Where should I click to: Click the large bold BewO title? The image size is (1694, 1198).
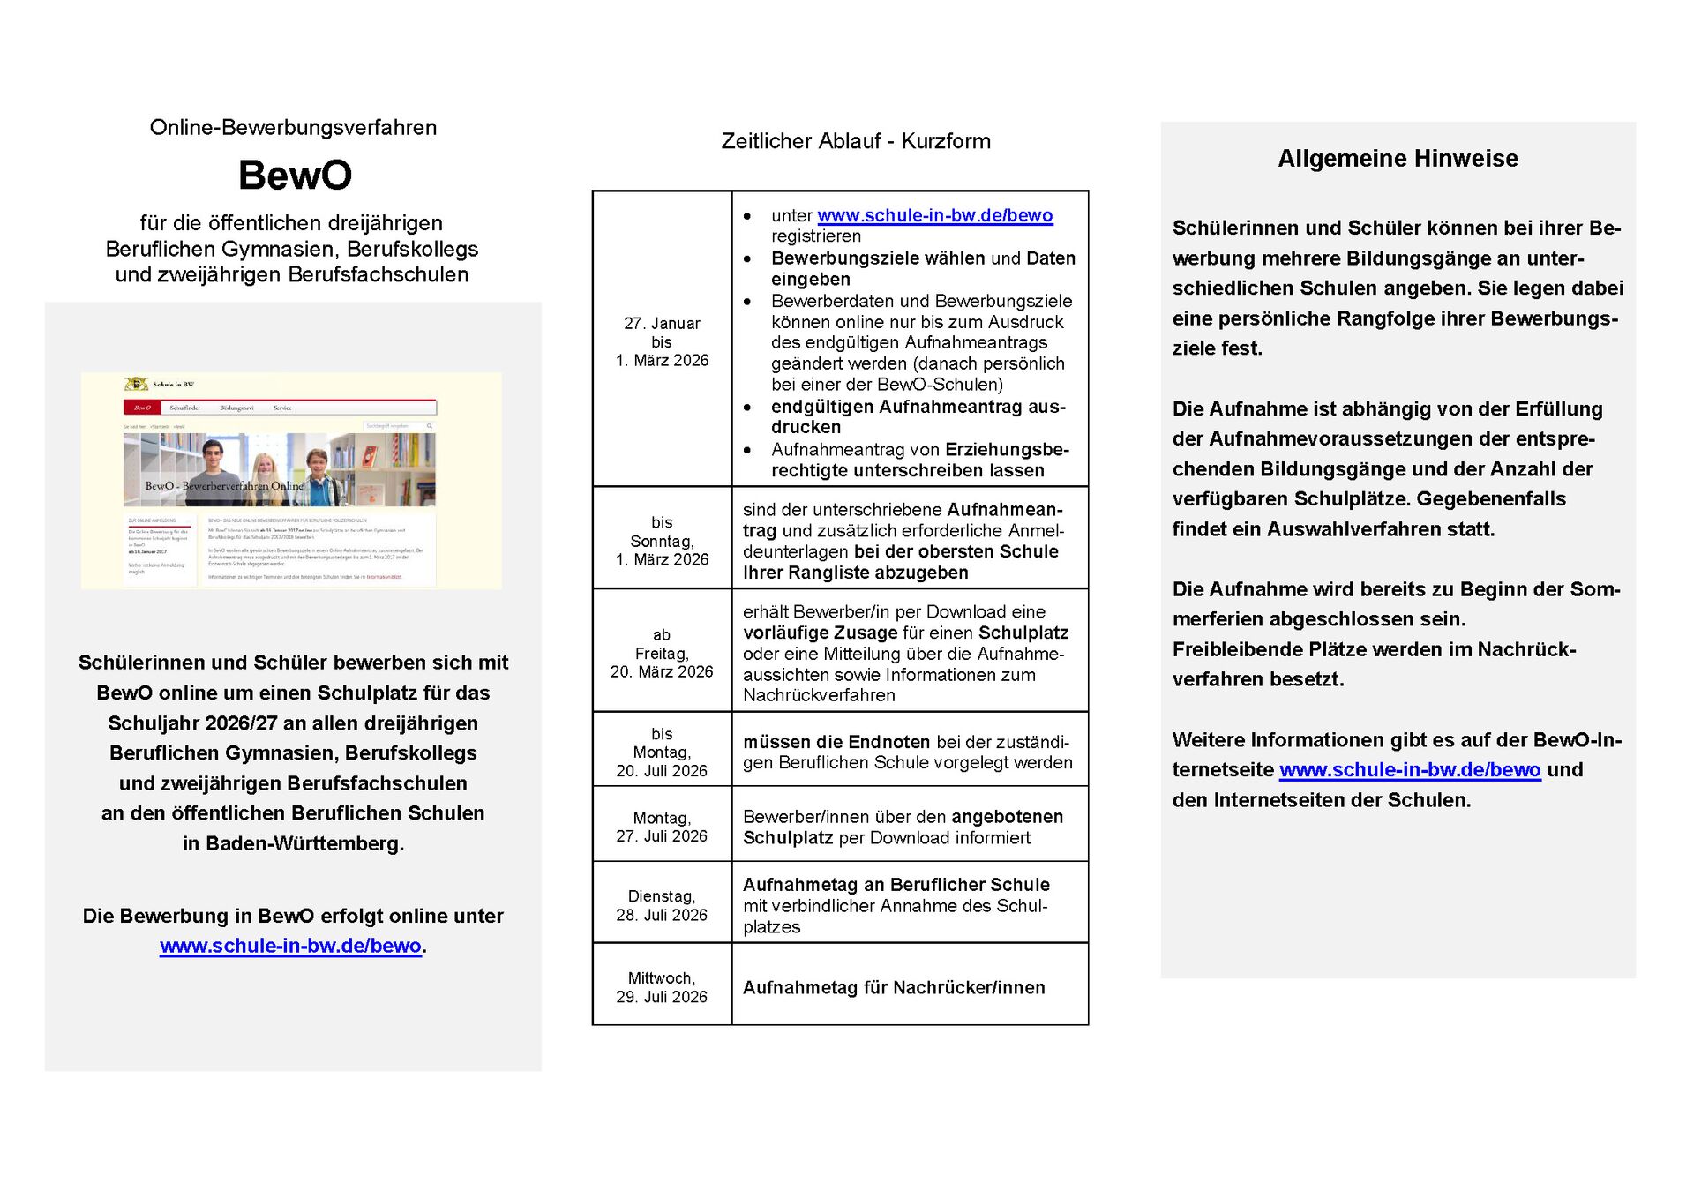pyautogui.click(x=295, y=175)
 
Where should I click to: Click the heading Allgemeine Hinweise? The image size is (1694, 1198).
pyautogui.click(x=1398, y=159)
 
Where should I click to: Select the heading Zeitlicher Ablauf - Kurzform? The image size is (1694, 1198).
pyautogui.click(x=855, y=141)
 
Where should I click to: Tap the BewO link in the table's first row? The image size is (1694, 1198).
pyautogui.click(x=934, y=216)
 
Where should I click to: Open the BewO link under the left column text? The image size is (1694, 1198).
pyautogui.click(x=290, y=946)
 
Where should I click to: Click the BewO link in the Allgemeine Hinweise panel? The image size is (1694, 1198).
pyautogui.click(x=1409, y=770)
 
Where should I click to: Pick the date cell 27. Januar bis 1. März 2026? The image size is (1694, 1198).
pyautogui.click(x=662, y=341)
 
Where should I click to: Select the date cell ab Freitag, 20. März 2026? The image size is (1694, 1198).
pyautogui.click(x=662, y=653)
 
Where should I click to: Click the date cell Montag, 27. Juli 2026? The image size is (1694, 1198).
pyautogui.click(x=662, y=827)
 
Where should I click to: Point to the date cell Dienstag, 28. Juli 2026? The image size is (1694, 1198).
pyautogui.click(x=662, y=905)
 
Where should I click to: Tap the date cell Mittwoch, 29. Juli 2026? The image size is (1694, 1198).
pyautogui.click(x=662, y=987)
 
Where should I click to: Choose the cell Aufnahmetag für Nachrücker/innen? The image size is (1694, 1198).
pyautogui.click(x=893, y=988)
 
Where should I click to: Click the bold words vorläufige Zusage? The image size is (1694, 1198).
pyautogui.click(x=820, y=633)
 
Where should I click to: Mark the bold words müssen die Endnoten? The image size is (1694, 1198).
pyautogui.click(x=836, y=742)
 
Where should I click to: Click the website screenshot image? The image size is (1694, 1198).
pyautogui.click(x=291, y=481)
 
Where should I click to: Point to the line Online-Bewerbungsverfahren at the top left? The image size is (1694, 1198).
pyautogui.click(x=293, y=128)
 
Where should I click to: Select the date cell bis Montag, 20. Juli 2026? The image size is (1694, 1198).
pyautogui.click(x=662, y=752)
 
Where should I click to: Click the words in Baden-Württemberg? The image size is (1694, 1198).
pyautogui.click(x=293, y=843)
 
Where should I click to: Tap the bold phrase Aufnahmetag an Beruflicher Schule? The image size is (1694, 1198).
pyautogui.click(x=896, y=885)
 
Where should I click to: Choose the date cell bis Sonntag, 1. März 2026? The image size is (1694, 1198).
pyautogui.click(x=662, y=541)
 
